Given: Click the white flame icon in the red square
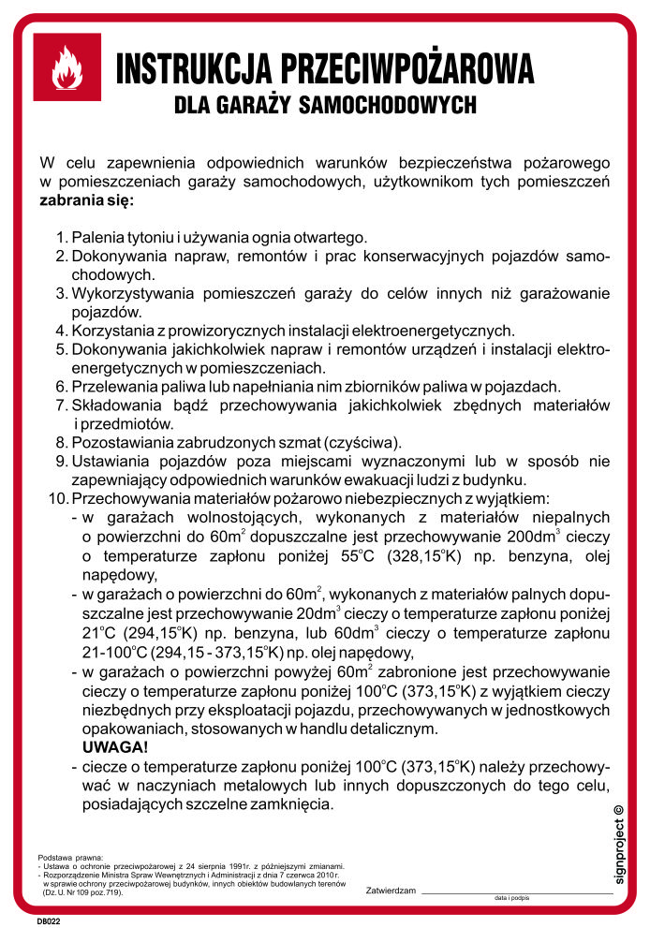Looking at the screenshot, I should click(x=66, y=67).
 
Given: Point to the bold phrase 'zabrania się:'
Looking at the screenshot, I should click(x=86, y=199).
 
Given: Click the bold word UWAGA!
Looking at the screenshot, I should click(x=115, y=747).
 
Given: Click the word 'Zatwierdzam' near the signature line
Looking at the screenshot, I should click(x=391, y=890).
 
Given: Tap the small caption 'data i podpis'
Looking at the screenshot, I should click(x=511, y=898).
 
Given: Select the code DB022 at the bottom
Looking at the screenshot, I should click(x=49, y=920).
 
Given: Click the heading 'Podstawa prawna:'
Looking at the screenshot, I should click(x=70, y=858).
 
